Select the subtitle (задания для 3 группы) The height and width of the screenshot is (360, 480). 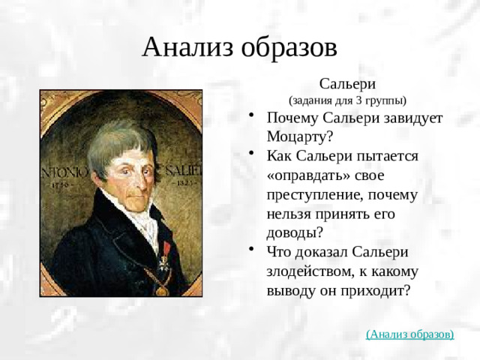(347, 100)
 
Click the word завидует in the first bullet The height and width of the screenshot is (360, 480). (412, 118)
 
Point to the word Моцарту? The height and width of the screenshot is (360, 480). (300, 137)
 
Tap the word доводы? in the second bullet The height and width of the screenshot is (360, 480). (295, 232)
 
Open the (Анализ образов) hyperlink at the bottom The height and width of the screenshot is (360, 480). (409, 334)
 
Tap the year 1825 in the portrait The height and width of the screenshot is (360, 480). (184, 182)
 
